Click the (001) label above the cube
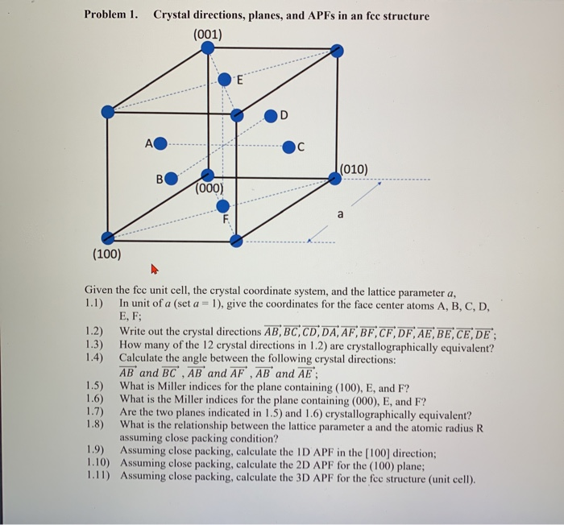[x=208, y=35]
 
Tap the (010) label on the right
[x=354, y=169]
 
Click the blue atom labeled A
[x=160, y=145]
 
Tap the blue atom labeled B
[x=172, y=178]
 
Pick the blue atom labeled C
[x=288, y=147]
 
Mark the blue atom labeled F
[x=223, y=206]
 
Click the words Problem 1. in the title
[x=113, y=16]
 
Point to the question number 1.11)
[x=99, y=477]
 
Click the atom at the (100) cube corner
[x=107, y=237]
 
